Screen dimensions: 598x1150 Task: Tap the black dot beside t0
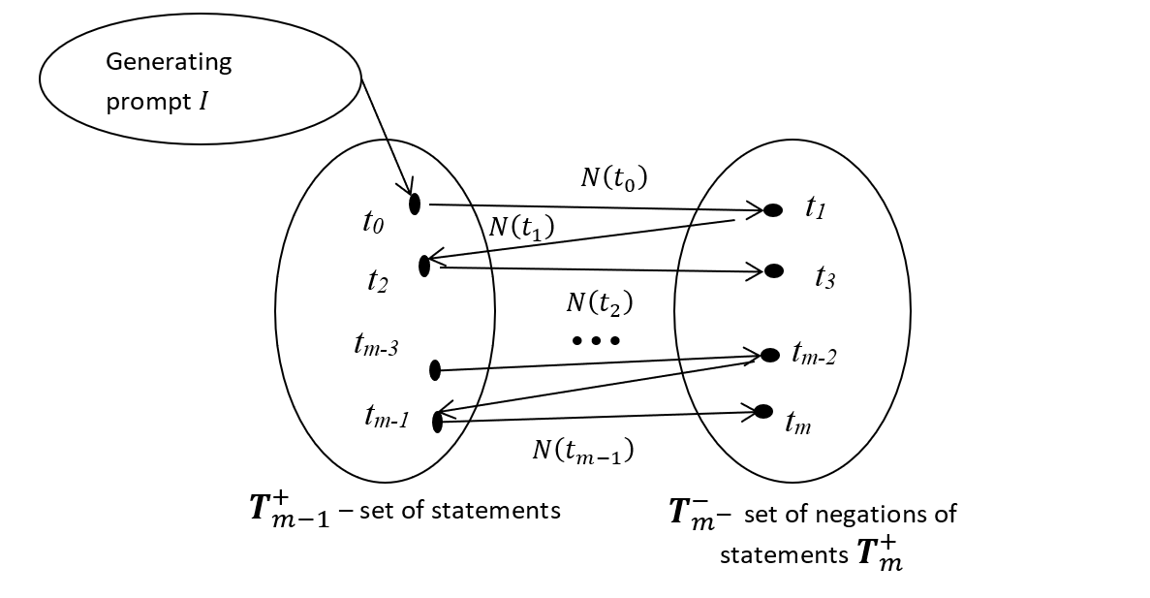click(415, 204)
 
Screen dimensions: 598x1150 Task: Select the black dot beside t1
click(773, 210)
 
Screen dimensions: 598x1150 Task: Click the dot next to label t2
click(424, 266)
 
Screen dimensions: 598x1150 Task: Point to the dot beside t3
click(774, 271)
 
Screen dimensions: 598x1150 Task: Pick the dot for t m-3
click(434, 369)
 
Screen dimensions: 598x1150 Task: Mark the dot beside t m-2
click(770, 356)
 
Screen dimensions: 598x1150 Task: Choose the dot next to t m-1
click(437, 422)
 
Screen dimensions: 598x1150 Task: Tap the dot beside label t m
click(762, 411)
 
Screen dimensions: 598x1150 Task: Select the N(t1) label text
click(521, 227)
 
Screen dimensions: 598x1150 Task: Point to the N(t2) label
click(598, 303)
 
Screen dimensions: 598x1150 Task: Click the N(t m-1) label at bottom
click(582, 450)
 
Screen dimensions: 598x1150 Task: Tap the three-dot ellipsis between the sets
click(595, 340)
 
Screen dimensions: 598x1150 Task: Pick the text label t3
click(825, 278)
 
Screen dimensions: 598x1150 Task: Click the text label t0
click(373, 223)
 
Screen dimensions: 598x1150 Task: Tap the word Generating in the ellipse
click(169, 63)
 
